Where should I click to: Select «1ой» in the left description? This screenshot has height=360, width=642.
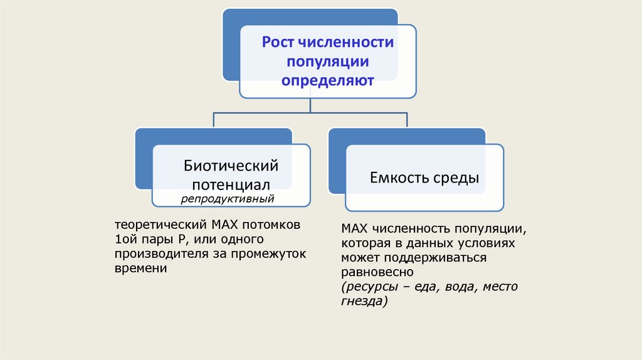point(124,239)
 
